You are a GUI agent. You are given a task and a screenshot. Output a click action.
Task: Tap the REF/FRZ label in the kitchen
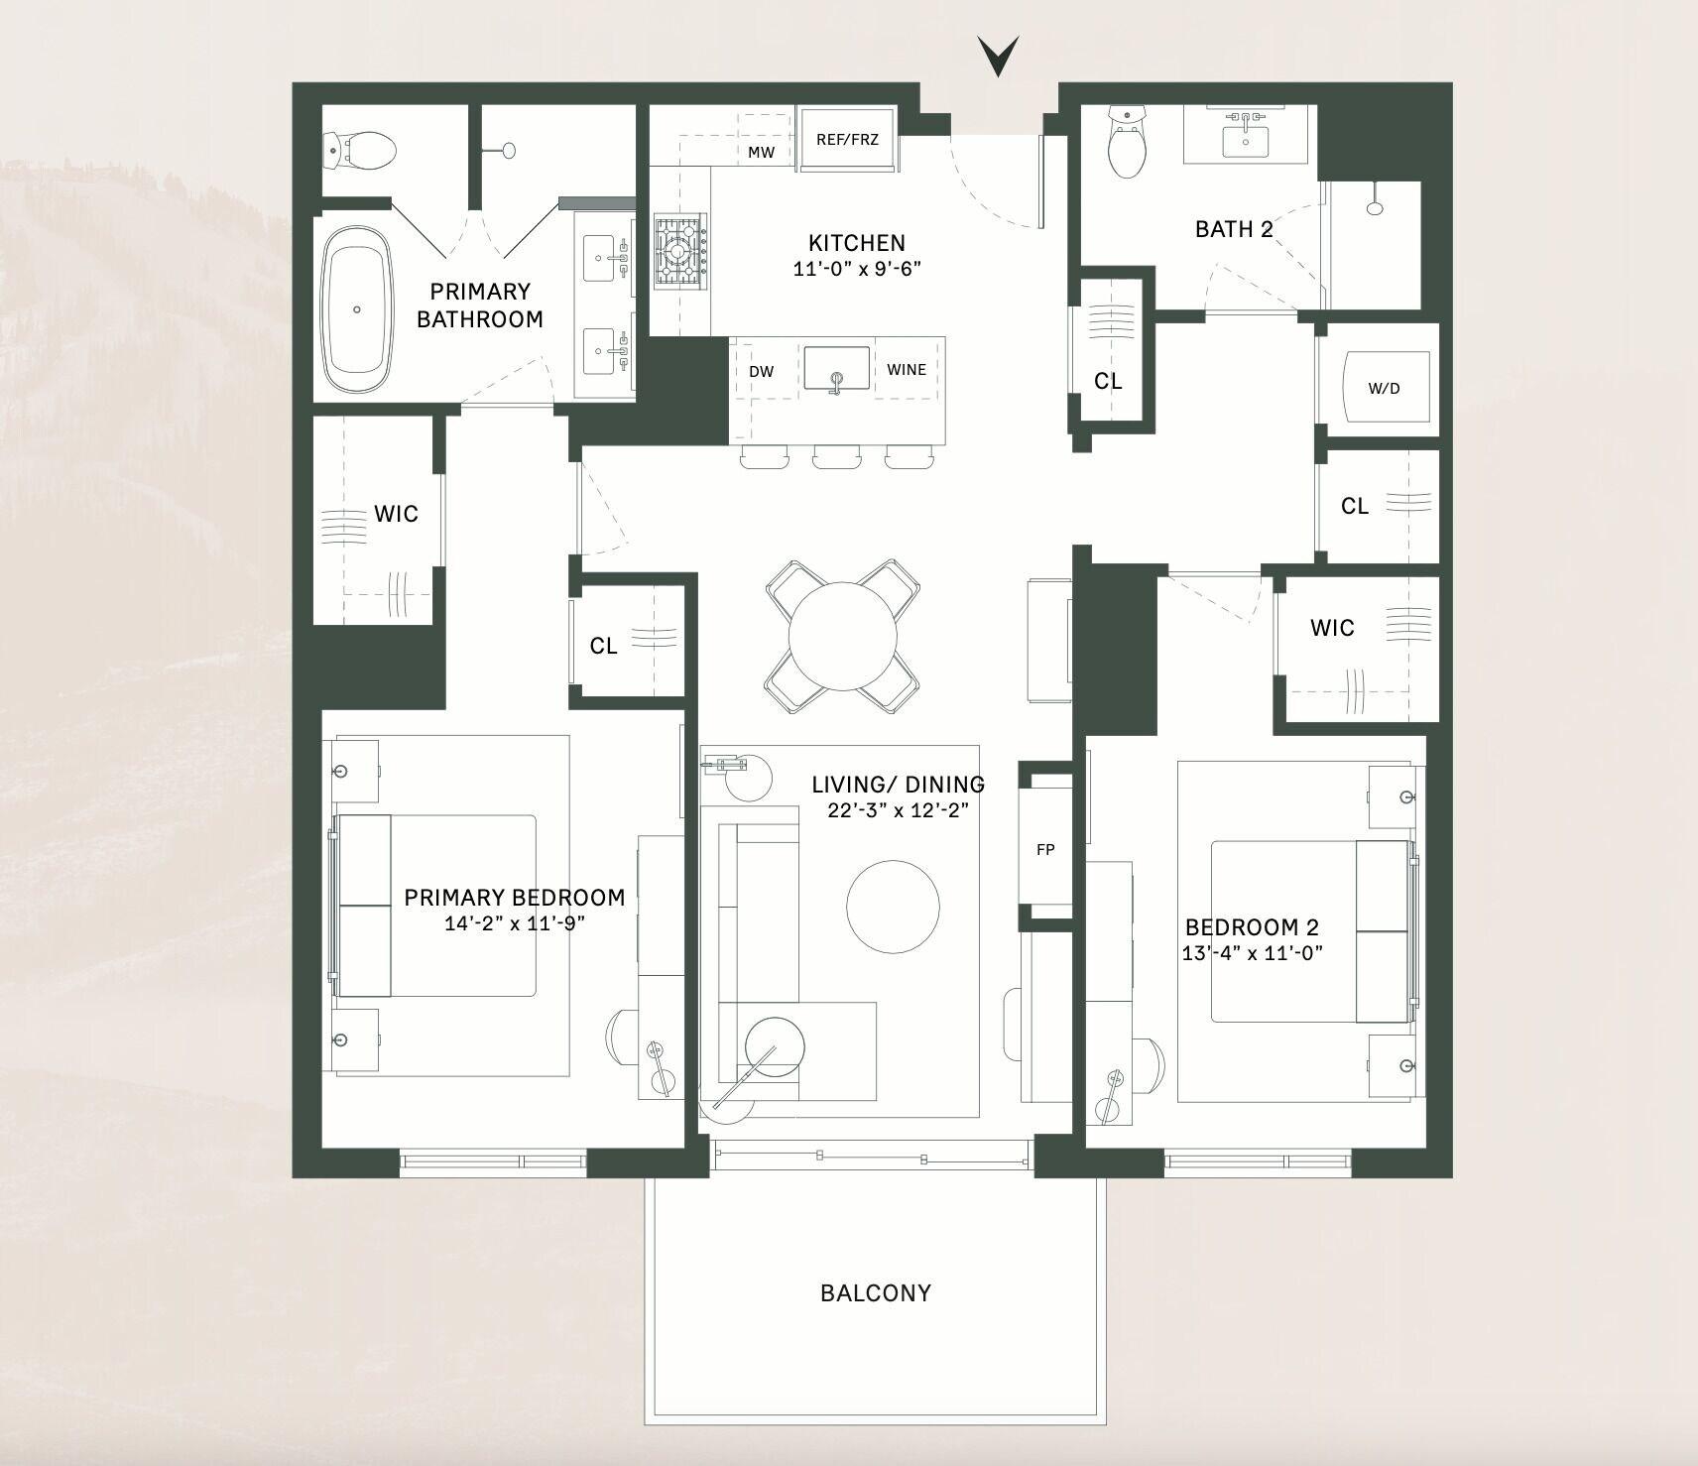[847, 140]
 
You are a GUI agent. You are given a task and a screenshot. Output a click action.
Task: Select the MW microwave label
[761, 153]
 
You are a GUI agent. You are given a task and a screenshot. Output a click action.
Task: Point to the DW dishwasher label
[761, 372]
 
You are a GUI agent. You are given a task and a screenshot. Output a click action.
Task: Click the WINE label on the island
[907, 370]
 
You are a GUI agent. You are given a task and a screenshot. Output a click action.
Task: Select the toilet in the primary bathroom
[360, 152]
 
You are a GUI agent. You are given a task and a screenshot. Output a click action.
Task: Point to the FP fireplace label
[1045, 849]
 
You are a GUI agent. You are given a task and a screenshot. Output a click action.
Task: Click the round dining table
[839, 636]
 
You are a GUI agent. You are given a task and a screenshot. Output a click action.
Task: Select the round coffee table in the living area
[893, 907]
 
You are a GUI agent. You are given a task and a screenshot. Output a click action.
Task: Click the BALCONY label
[876, 1293]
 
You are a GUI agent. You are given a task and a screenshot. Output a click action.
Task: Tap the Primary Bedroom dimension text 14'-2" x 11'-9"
[516, 923]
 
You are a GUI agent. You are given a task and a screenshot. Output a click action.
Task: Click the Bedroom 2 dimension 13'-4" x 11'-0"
[1253, 953]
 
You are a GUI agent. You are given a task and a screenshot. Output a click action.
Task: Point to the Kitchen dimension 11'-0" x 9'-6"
[857, 268]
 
